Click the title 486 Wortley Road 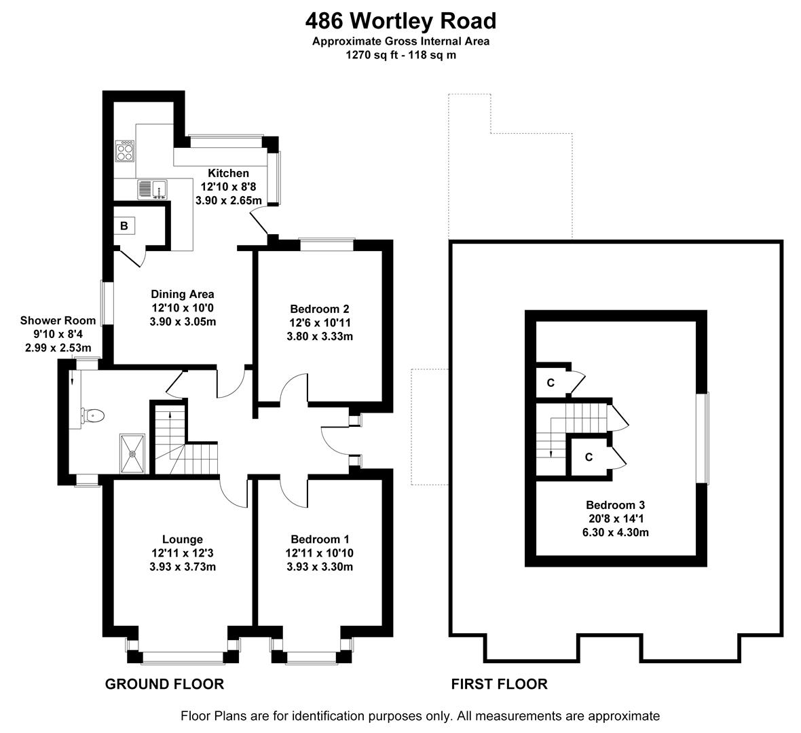point(400,22)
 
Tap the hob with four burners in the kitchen point(126,150)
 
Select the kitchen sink point(152,189)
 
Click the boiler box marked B point(124,226)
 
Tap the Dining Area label point(182,294)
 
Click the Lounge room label point(182,539)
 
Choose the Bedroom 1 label point(319,539)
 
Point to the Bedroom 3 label point(615,505)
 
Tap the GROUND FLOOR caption point(164,683)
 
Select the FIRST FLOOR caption point(499,683)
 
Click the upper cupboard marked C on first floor point(551,383)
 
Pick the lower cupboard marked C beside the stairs point(589,457)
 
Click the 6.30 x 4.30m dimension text point(615,532)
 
